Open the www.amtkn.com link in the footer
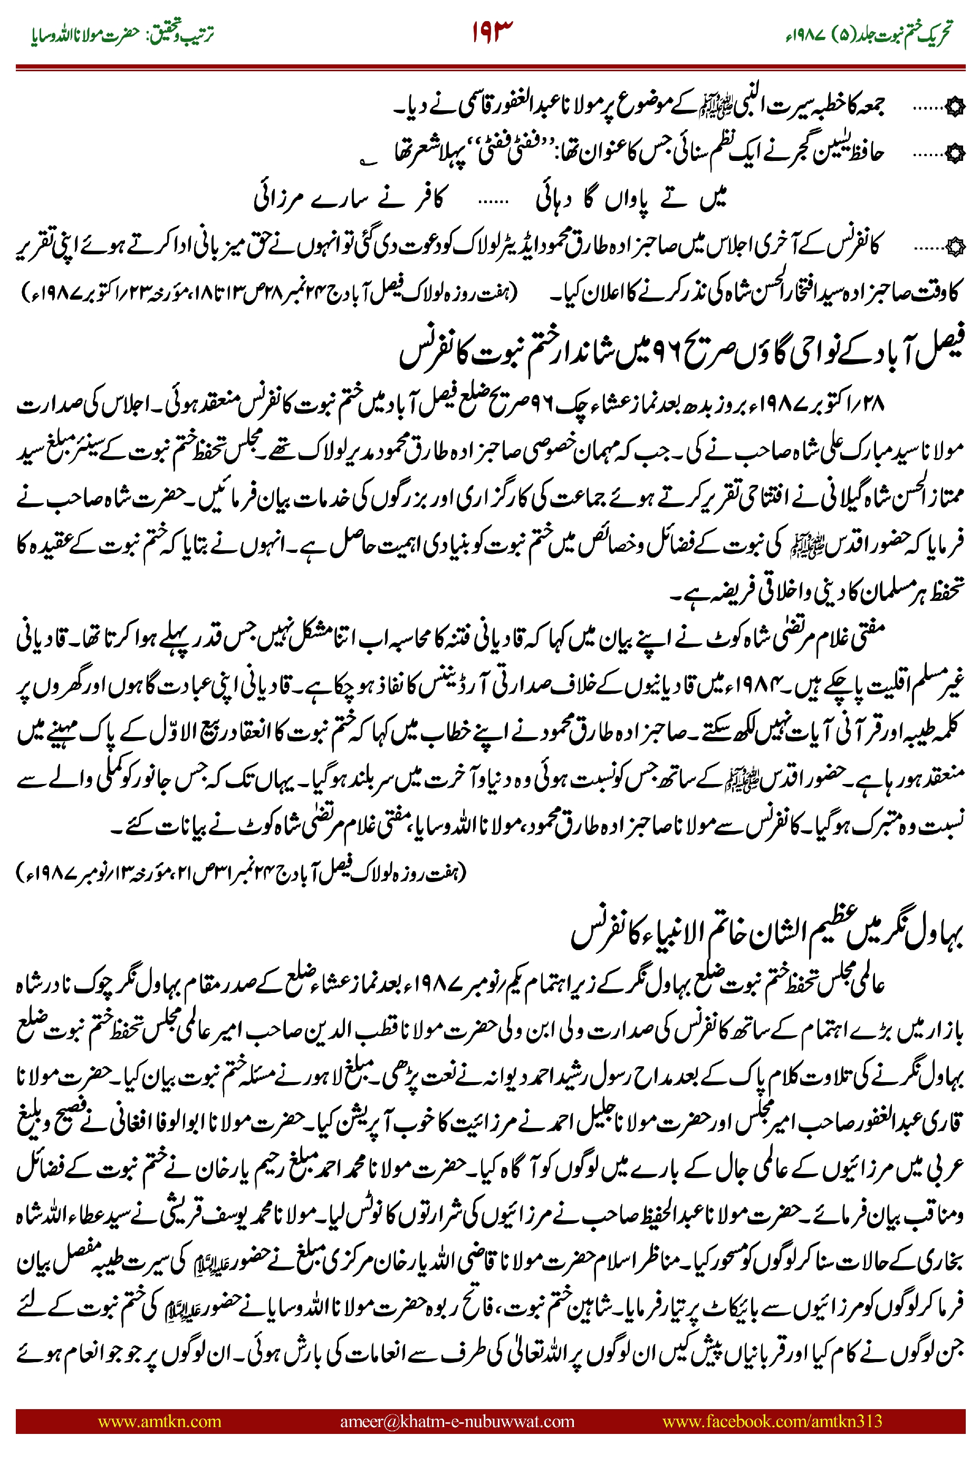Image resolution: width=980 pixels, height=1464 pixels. coord(159,1421)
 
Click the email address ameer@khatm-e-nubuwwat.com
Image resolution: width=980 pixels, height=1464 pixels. coord(457,1421)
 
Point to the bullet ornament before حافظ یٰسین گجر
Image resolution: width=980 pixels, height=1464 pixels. coord(955,152)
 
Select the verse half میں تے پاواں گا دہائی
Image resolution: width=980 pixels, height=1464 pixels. coord(631,199)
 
